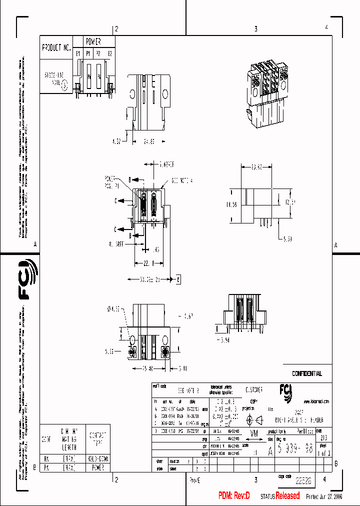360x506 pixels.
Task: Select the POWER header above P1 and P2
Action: click(93, 41)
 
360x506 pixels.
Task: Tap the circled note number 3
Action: click(64, 85)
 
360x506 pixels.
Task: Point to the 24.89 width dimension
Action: click(148, 141)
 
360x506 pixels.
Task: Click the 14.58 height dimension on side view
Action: click(230, 204)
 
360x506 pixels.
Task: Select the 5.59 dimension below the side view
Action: click(287, 239)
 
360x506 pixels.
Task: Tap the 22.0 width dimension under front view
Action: click(149, 263)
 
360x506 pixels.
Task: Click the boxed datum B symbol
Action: click(177, 278)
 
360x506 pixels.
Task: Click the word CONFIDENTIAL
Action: click(307, 373)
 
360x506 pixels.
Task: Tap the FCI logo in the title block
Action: click(286, 390)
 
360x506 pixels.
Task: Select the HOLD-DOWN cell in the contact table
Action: click(97, 458)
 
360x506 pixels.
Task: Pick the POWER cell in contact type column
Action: click(97, 467)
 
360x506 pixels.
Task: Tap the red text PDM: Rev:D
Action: click(234, 496)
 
